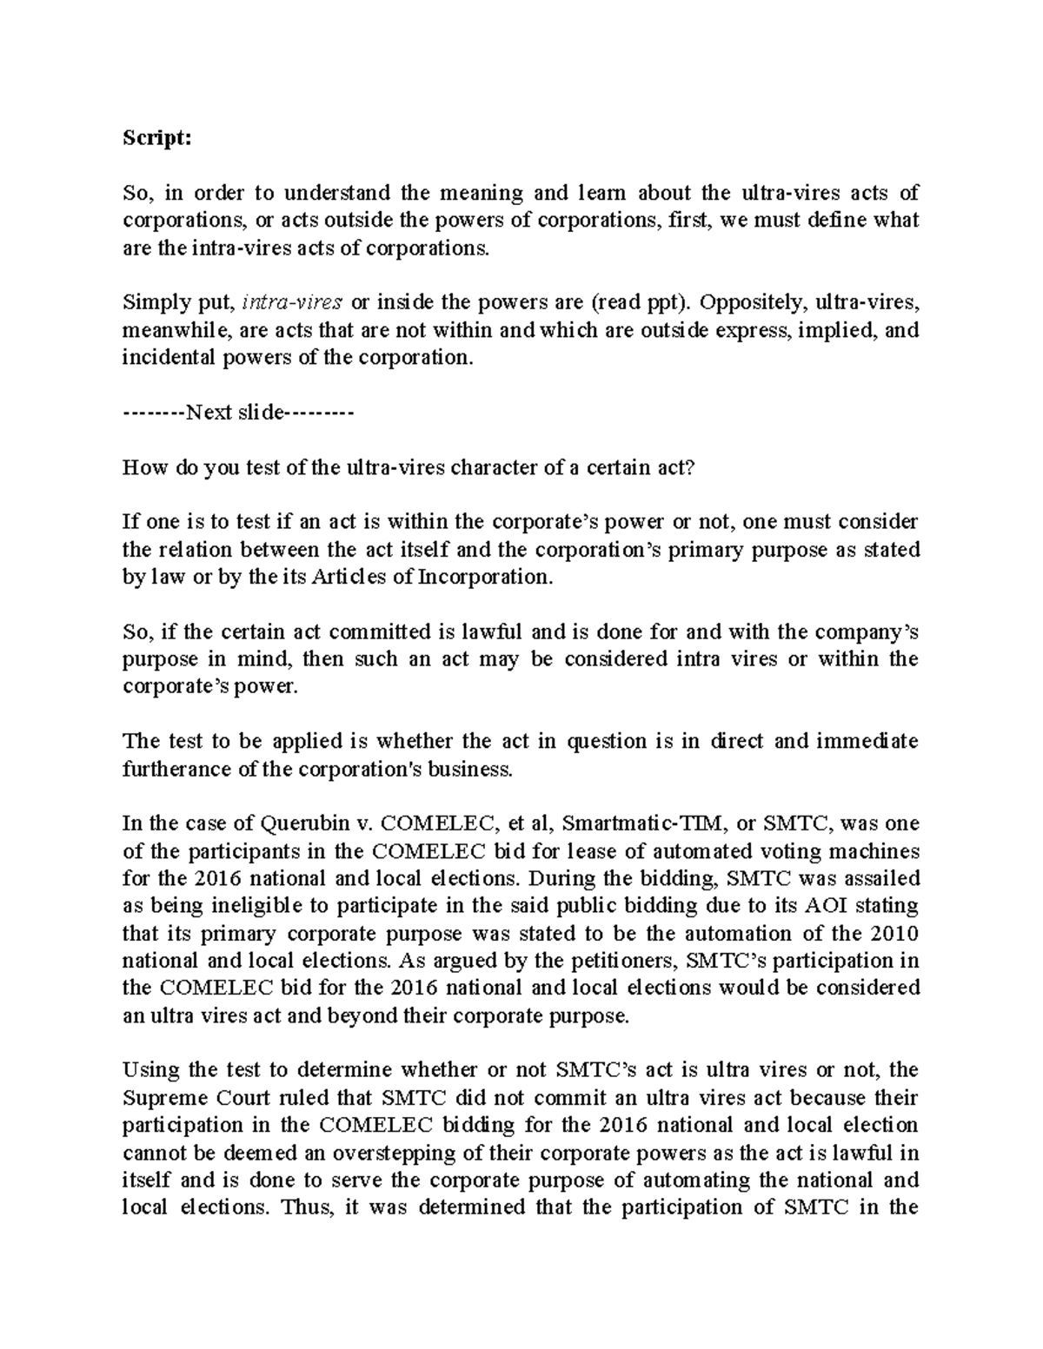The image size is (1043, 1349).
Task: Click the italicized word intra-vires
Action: (292, 302)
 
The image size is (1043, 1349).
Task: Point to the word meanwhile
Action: (165, 330)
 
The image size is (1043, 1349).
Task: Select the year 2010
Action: (894, 933)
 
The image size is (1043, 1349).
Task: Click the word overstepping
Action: (406, 1153)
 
